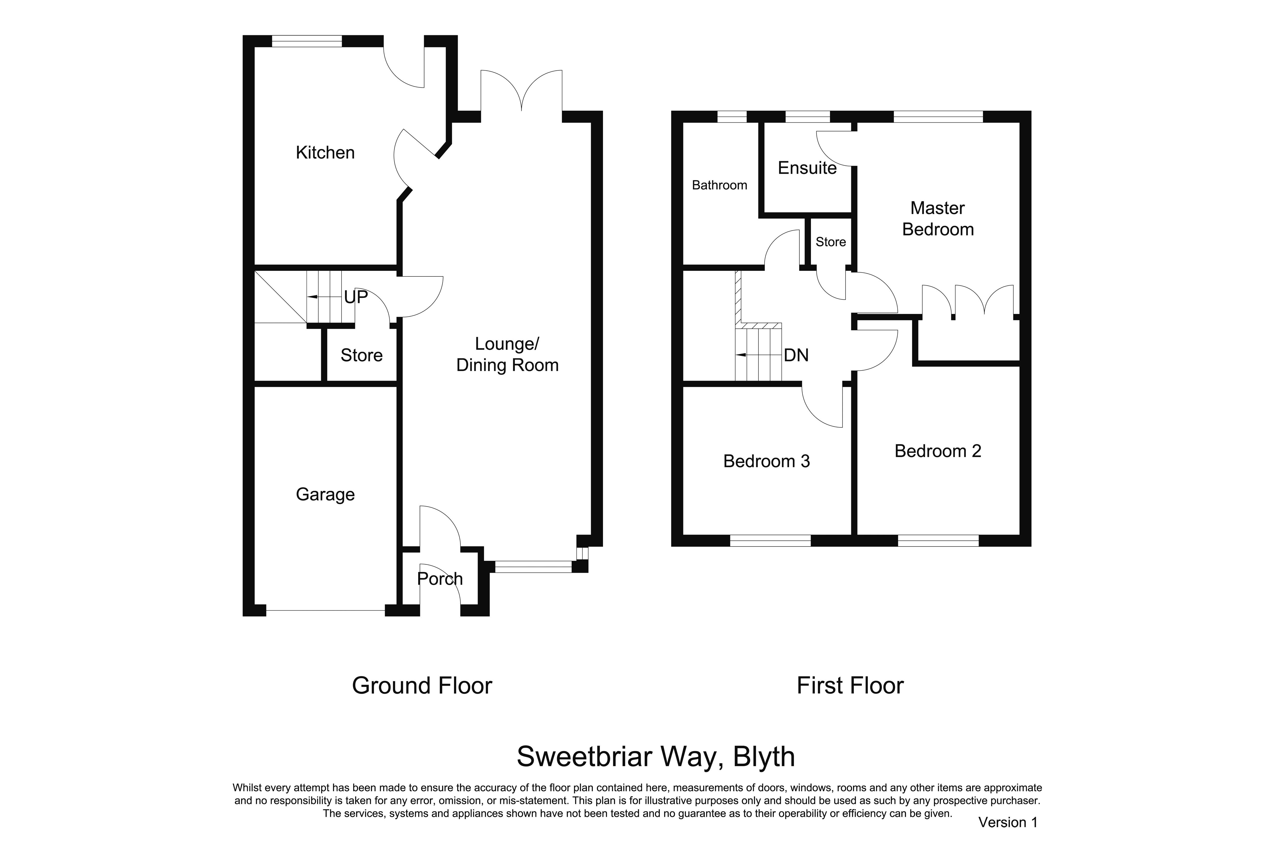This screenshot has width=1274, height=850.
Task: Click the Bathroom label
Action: tap(719, 185)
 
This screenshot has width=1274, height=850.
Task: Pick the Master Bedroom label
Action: tap(938, 219)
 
